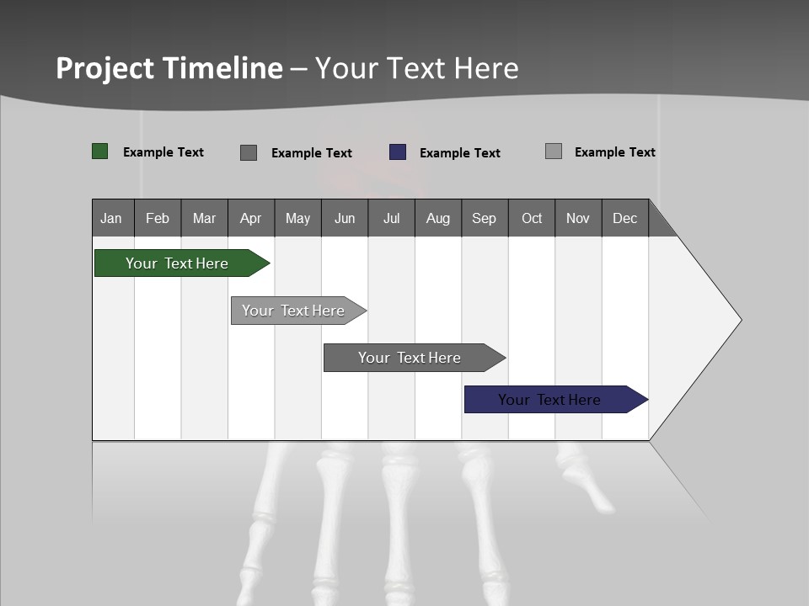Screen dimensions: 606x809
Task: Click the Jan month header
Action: pyautogui.click(x=112, y=218)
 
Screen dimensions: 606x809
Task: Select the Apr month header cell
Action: pyautogui.click(x=251, y=218)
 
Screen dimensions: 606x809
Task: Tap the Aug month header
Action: pyautogui.click(x=438, y=218)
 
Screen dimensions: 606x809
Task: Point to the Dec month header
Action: pyautogui.click(x=625, y=218)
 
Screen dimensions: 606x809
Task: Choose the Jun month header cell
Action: pyautogui.click(x=345, y=218)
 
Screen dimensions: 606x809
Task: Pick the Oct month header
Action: pyautogui.click(x=532, y=218)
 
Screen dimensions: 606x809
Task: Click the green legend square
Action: pyautogui.click(x=100, y=151)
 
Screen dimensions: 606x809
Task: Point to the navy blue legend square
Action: pyautogui.click(x=398, y=152)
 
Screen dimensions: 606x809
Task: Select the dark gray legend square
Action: pyautogui.click(x=249, y=152)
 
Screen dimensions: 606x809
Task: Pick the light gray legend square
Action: pyautogui.click(x=554, y=151)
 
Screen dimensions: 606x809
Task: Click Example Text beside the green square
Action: pyautogui.click(x=163, y=152)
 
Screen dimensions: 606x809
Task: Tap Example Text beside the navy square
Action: pyautogui.click(x=460, y=153)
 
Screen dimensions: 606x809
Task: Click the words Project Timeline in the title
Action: pyautogui.click(x=169, y=68)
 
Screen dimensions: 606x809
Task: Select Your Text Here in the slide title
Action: pyautogui.click(x=417, y=68)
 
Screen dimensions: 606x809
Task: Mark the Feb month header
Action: pyautogui.click(x=158, y=218)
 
